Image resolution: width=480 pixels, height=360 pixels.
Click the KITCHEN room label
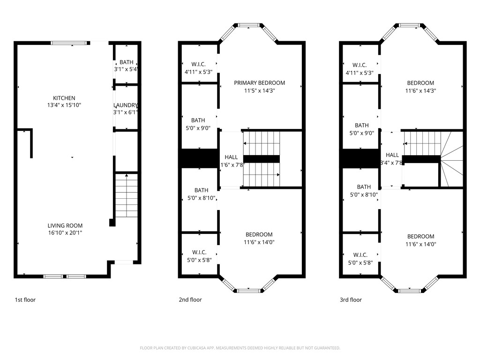65,98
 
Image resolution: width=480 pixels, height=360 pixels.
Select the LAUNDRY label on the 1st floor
125,105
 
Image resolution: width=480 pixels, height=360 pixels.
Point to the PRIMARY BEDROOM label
259,83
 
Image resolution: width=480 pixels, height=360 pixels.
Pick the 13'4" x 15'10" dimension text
65,105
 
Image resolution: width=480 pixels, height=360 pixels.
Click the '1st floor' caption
25,300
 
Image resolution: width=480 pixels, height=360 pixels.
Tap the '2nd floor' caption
190,300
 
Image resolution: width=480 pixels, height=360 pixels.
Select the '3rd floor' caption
351,300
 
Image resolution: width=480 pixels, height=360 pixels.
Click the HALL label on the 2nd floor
231,157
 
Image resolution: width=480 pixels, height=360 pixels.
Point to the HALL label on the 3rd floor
392,155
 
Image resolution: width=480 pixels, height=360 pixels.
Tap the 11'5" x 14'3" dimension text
259,90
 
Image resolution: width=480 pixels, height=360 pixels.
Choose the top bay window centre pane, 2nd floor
248,25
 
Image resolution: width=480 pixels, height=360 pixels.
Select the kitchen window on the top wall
69,43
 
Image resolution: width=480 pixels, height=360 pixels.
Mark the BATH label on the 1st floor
126,62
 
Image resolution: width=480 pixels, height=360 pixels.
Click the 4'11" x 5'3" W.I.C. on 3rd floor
360,69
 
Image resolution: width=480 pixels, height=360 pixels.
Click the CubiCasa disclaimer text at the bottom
240,348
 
